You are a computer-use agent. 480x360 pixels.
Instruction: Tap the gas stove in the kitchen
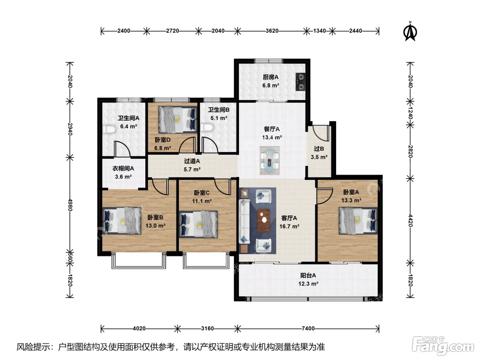coord(301,82)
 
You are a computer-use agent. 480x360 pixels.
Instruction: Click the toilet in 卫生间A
coord(110,129)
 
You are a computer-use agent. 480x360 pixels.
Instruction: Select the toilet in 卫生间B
coord(206,127)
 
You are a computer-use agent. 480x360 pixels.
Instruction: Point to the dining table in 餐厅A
coord(269,161)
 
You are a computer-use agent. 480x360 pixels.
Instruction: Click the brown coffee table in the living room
coord(263,220)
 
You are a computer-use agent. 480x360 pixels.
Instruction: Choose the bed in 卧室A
coord(358,220)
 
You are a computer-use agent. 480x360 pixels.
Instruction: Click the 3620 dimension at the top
coord(272,31)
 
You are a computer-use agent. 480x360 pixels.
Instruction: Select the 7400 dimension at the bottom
coord(308,328)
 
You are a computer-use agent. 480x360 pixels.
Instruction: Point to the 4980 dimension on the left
coord(70,205)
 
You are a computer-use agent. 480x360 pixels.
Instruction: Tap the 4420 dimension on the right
coord(410,220)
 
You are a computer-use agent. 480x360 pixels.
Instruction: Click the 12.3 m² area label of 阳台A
coord(308,284)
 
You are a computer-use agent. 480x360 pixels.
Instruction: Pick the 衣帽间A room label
coord(123,169)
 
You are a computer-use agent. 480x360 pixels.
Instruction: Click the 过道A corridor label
coord(192,161)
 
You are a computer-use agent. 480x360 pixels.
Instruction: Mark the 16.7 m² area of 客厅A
coord(289,226)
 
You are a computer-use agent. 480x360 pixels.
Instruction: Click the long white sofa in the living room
coord(244,221)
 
